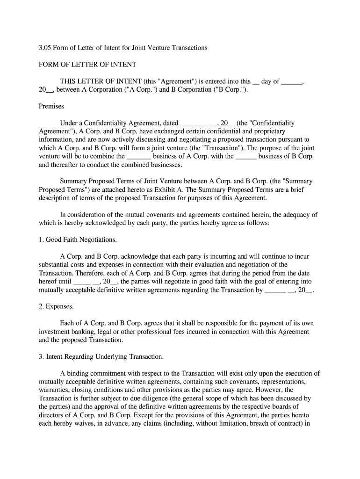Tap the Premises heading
(51, 106)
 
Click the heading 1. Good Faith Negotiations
(78, 239)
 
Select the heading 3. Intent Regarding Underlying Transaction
(101, 356)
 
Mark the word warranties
(54, 390)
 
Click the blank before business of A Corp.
(139, 157)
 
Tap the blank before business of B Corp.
(246, 157)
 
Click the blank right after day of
(292, 81)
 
